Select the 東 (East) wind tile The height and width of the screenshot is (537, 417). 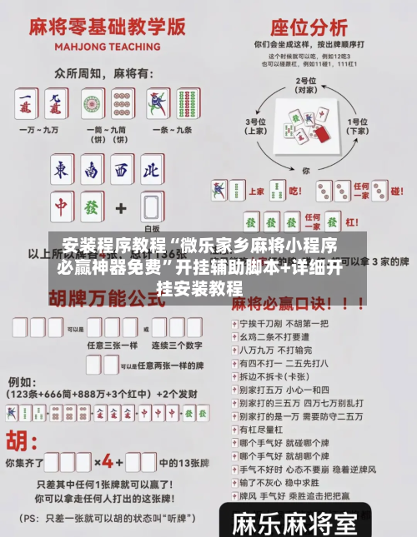pyautogui.click(x=62, y=170)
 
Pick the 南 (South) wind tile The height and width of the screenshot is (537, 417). pyautogui.click(x=91, y=170)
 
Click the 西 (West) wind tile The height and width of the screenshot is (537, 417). pyautogui.click(x=121, y=170)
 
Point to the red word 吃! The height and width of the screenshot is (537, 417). pyautogui.click(x=295, y=191)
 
